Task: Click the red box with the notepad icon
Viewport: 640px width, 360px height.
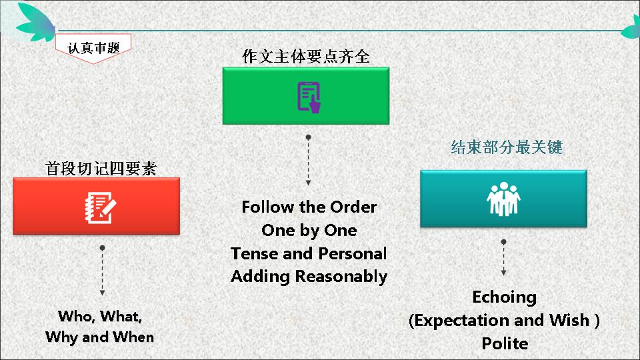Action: click(x=96, y=206)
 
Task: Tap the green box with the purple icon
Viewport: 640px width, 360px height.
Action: click(x=306, y=96)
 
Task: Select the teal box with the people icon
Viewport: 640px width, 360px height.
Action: click(x=504, y=199)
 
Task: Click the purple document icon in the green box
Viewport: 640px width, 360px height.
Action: click(x=309, y=97)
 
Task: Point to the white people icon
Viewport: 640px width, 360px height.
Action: click(x=504, y=199)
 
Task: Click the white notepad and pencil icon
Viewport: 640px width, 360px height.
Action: click(x=101, y=208)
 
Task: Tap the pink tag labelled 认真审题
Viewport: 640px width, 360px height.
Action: click(x=93, y=49)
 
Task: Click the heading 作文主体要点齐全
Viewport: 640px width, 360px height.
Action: click(x=306, y=56)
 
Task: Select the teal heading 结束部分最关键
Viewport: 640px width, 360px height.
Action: click(x=507, y=147)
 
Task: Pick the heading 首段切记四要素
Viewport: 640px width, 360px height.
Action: click(x=101, y=169)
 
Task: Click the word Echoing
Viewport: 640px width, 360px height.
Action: click(x=505, y=297)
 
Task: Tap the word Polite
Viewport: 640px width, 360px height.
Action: click(x=505, y=343)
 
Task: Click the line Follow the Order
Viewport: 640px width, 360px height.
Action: click(x=309, y=207)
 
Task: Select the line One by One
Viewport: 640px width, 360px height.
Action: click(x=309, y=231)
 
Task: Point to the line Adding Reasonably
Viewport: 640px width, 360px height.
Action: click(x=309, y=277)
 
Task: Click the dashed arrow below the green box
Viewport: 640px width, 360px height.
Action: click(x=308, y=161)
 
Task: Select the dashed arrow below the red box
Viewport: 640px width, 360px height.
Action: click(x=102, y=271)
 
